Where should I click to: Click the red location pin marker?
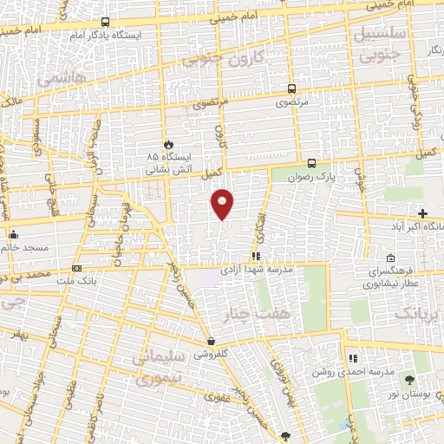tap(223, 205)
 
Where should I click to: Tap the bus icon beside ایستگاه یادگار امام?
tap(105, 22)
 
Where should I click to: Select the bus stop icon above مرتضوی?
tap(291, 88)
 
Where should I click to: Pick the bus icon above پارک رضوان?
tap(312, 162)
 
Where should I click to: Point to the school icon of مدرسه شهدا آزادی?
tap(255, 256)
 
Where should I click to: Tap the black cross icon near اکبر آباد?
tap(422, 213)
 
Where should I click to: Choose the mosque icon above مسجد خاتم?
tap(13, 234)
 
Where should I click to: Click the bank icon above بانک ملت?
tap(77, 268)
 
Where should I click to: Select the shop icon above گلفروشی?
tap(212, 342)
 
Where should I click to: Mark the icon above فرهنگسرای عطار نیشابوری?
tap(390, 258)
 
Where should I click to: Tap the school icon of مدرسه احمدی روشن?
tap(352, 358)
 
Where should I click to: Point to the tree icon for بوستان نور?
tap(409, 381)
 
